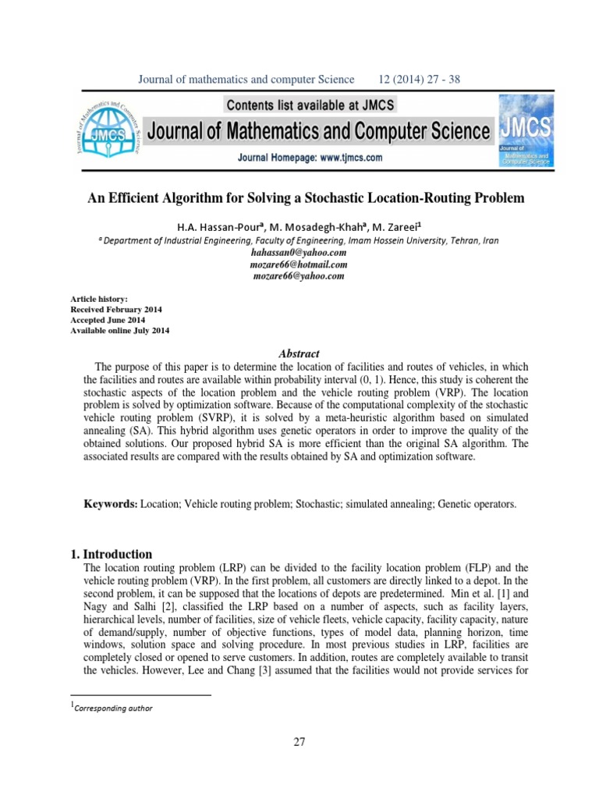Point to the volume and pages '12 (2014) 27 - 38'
424,80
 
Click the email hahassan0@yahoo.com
299,254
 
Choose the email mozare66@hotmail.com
299,265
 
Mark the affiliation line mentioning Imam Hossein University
299,241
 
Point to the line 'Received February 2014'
117,310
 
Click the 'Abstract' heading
299,353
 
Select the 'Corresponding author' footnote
112,708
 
